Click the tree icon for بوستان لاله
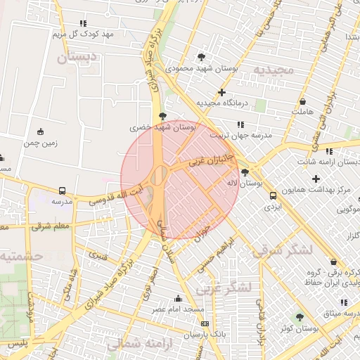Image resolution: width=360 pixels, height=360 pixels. pos(245,172)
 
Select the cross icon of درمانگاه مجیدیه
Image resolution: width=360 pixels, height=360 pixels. pos(222,92)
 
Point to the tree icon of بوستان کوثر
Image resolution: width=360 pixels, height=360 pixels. pos(300,317)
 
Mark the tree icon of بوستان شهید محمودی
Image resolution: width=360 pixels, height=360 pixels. pos(202,57)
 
